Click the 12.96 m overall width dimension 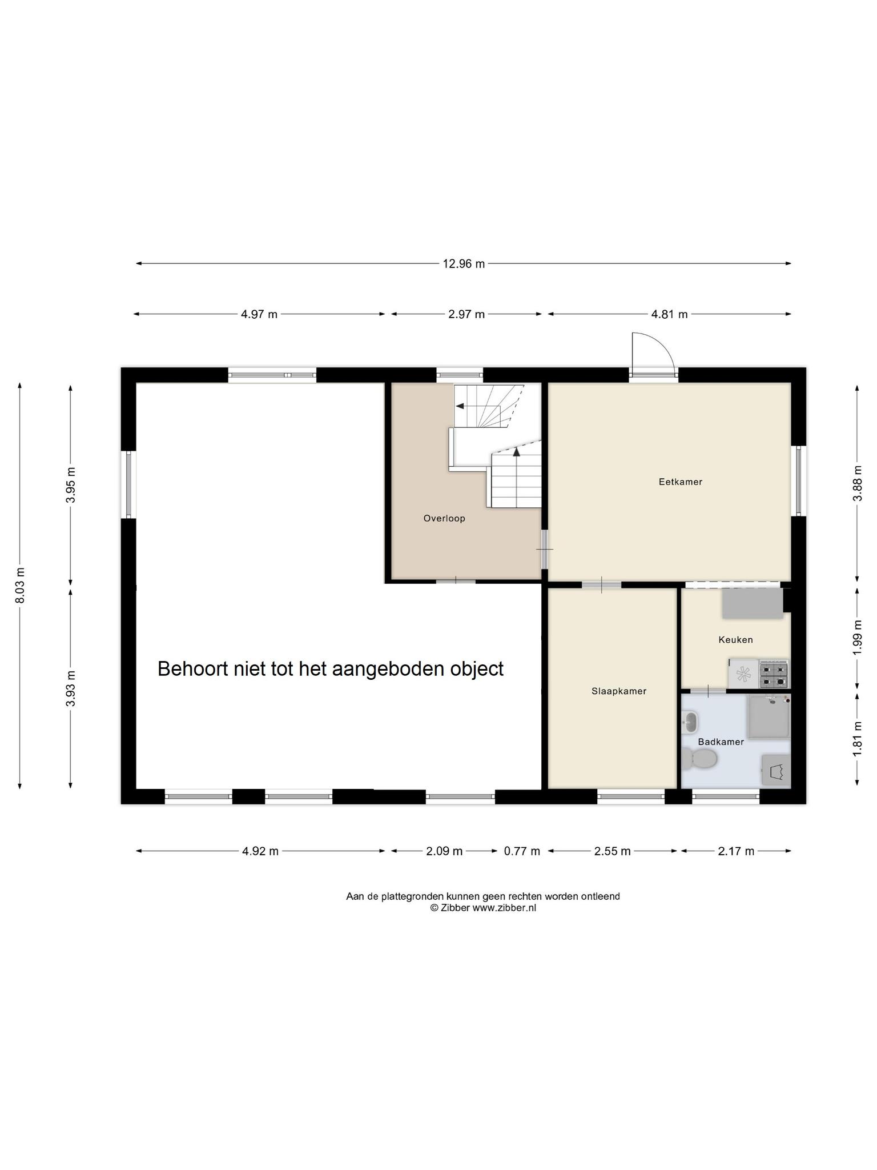coord(464,263)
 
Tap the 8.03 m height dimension coord(20,586)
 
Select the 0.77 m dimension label coord(522,851)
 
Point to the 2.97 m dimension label coord(466,314)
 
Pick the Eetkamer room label coord(681,482)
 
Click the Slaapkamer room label coord(619,691)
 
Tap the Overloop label coord(444,519)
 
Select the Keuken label coord(735,640)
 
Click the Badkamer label coord(721,742)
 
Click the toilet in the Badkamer coord(700,759)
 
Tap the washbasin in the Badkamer coord(690,723)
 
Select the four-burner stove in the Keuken coord(774,674)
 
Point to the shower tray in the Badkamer coord(769,716)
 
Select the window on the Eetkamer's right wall coord(798,481)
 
